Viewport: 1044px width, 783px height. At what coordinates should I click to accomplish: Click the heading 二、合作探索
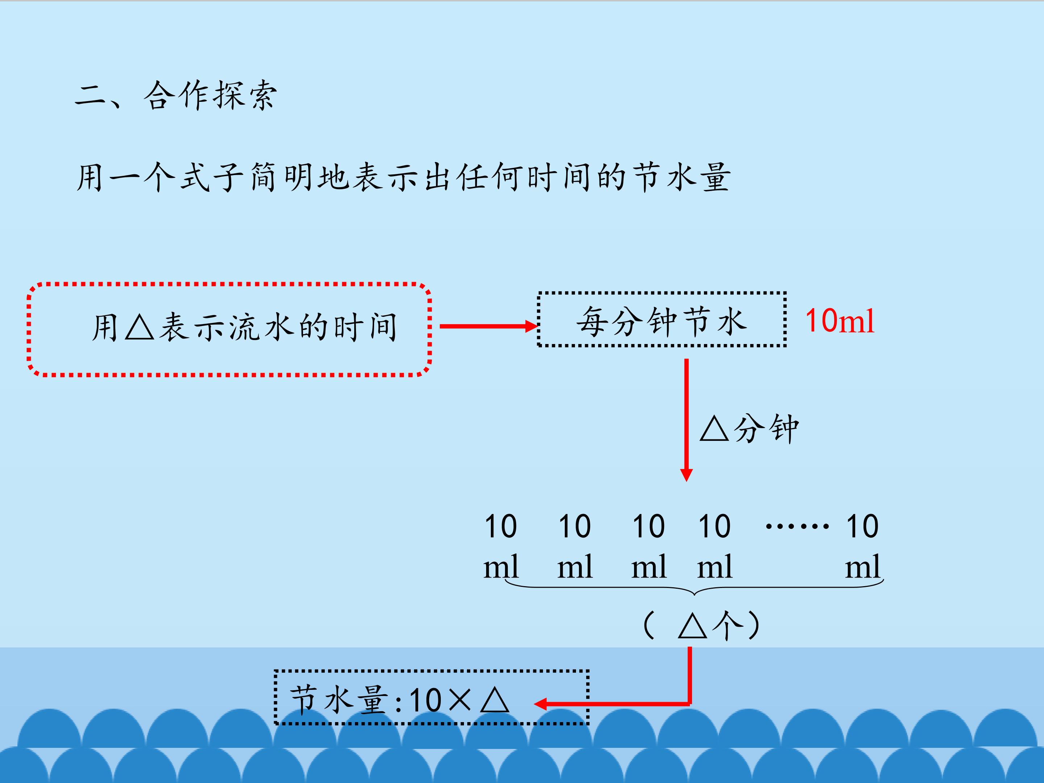[175, 96]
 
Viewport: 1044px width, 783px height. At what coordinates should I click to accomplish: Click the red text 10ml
[840, 321]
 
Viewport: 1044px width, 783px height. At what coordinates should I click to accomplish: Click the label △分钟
[749, 428]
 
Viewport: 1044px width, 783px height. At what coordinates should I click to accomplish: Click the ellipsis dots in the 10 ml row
[797, 526]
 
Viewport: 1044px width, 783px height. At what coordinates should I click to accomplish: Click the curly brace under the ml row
[694, 589]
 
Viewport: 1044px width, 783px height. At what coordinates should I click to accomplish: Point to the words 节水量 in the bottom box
[339, 700]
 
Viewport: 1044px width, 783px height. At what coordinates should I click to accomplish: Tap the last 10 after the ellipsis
[862, 526]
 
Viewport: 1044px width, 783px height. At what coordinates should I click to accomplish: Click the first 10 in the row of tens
[500, 526]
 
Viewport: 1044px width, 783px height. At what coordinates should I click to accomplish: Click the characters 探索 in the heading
[244, 96]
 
